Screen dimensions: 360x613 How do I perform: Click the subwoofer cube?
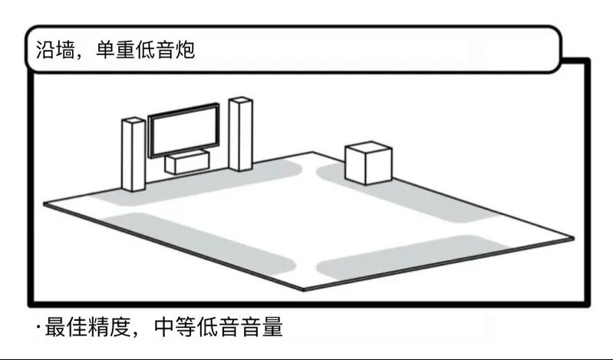(369, 163)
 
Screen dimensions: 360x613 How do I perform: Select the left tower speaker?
(133, 154)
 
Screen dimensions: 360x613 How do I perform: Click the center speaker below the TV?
(187, 162)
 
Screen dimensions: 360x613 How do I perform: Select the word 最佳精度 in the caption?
(83, 328)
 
